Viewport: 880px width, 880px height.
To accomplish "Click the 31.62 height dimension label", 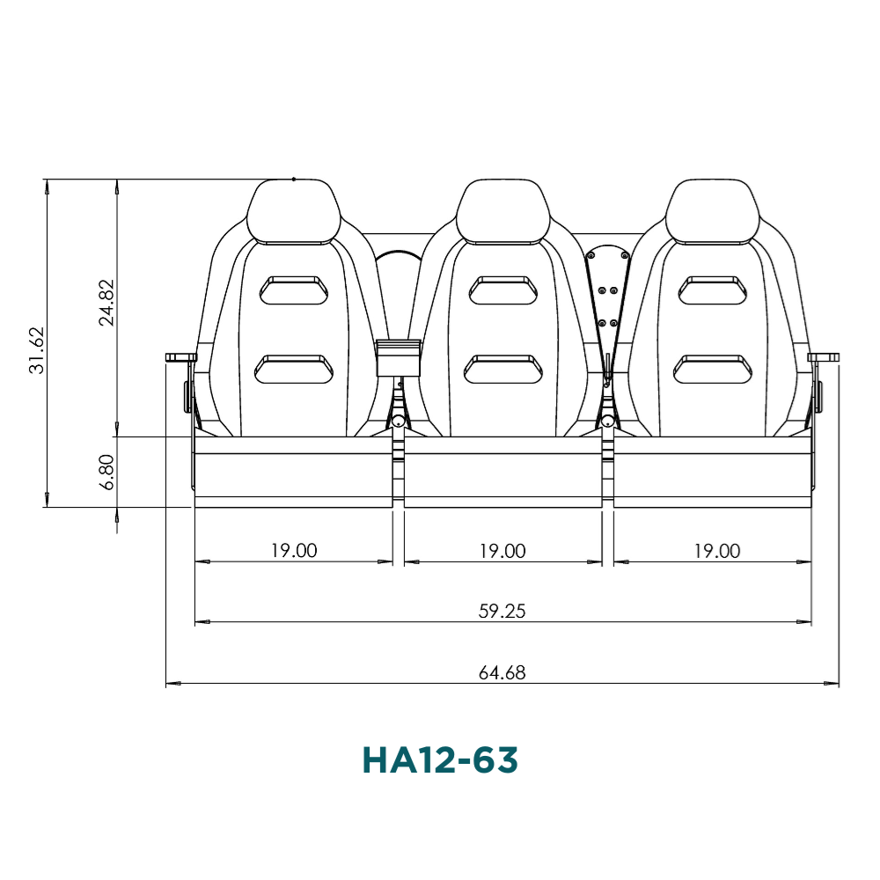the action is (x=37, y=350).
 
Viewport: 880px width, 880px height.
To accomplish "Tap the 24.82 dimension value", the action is (x=106, y=303).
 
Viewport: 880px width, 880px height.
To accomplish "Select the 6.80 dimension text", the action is (x=106, y=472).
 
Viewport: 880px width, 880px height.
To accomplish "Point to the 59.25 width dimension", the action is (x=502, y=611).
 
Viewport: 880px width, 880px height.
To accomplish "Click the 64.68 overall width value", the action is (x=502, y=672).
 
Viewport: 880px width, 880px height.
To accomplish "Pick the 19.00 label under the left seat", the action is (x=294, y=551).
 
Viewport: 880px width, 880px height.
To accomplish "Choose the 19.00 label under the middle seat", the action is (x=502, y=551).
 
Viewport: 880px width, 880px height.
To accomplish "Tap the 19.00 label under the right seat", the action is (x=717, y=551).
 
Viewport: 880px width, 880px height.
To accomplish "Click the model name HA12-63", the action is (x=440, y=760).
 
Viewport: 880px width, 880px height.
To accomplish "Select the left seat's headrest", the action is (x=294, y=211).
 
